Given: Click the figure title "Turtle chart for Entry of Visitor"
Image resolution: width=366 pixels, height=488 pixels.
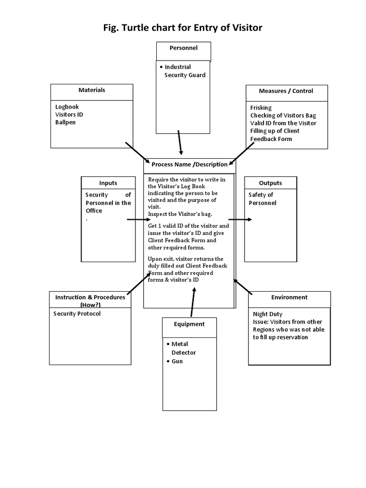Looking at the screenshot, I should [x=183, y=28].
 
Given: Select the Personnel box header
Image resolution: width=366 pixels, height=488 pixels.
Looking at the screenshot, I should [x=183, y=48].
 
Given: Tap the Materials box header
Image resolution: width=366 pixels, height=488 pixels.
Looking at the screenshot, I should [x=91, y=90].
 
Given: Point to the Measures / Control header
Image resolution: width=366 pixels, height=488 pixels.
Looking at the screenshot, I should [x=286, y=91].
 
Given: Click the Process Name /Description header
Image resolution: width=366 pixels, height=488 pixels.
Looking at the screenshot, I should [x=189, y=164].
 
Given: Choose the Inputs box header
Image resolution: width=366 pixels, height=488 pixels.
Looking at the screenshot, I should [x=108, y=183].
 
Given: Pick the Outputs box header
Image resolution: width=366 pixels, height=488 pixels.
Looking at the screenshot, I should [x=270, y=183].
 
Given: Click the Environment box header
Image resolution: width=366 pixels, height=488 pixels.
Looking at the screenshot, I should [x=289, y=297].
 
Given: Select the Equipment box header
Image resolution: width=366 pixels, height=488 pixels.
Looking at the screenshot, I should [x=189, y=324].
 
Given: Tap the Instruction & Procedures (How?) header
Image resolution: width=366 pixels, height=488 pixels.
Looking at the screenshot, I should [x=90, y=301].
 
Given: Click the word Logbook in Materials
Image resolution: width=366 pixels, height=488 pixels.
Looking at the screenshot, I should [x=67, y=107].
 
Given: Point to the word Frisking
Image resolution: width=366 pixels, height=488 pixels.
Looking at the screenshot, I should [x=261, y=108].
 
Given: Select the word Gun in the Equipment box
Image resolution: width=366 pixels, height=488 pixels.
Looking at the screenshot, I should [x=177, y=361].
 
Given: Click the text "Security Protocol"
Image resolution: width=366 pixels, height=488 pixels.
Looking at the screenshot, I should [x=77, y=314].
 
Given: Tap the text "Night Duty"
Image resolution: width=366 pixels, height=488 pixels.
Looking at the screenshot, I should [x=267, y=314].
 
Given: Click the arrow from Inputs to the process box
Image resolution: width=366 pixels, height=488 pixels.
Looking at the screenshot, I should [x=138, y=220].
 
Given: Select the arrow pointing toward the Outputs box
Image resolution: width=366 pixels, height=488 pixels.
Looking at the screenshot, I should [x=240, y=220].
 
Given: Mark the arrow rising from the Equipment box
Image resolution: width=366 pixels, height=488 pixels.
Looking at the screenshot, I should [x=193, y=302].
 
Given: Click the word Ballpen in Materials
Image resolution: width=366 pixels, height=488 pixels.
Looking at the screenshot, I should [x=65, y=122].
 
